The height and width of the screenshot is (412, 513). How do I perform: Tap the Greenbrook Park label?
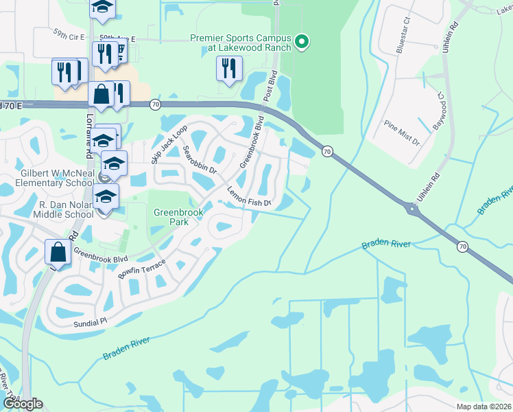click(x=171, y=218)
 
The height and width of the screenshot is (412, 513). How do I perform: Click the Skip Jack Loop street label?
click(x=169, y=145)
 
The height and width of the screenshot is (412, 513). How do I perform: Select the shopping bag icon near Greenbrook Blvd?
click(x=58, y=252)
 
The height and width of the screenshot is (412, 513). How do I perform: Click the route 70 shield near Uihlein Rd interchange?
click(x=462, y=246)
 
